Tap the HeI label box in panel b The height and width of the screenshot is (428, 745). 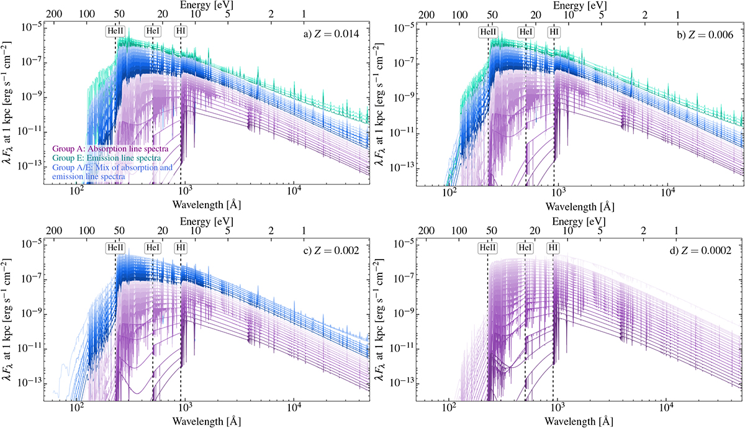[525, 31]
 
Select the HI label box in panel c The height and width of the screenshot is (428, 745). [181, 248]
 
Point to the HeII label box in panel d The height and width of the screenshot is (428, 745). [487, 248]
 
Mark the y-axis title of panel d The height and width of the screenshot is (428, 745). [379, 317]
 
